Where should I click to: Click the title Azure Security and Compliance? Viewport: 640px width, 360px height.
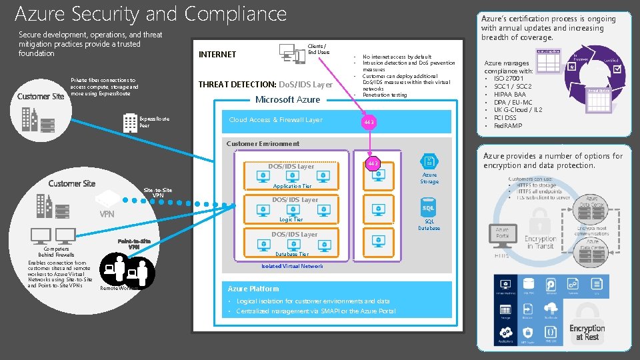(151, 13)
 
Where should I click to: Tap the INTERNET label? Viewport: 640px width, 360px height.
(217, 55)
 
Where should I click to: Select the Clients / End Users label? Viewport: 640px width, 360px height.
(318, 49)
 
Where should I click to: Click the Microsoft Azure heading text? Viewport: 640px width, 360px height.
(288, 99)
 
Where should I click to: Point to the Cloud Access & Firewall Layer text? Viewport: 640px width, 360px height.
(275, 120)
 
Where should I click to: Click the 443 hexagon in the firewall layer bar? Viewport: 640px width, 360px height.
(369, 123)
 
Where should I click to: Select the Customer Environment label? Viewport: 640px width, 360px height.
(263, 143)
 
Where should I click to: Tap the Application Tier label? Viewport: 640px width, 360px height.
(292, 187)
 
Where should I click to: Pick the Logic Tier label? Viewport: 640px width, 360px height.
(291, 219)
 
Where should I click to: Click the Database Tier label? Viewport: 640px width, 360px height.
(292, 254)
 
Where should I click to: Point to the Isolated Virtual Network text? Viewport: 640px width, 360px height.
(292, 266)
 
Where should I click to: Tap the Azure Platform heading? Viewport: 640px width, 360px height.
(253, 289)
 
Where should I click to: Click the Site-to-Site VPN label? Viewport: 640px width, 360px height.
(158, 193)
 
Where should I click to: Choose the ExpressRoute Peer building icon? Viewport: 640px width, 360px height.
(130, 122)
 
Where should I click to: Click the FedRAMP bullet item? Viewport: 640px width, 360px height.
(508, 126)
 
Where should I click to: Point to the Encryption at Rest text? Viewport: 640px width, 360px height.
(587, 333)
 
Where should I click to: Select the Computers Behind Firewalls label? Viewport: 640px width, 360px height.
(56, 252)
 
